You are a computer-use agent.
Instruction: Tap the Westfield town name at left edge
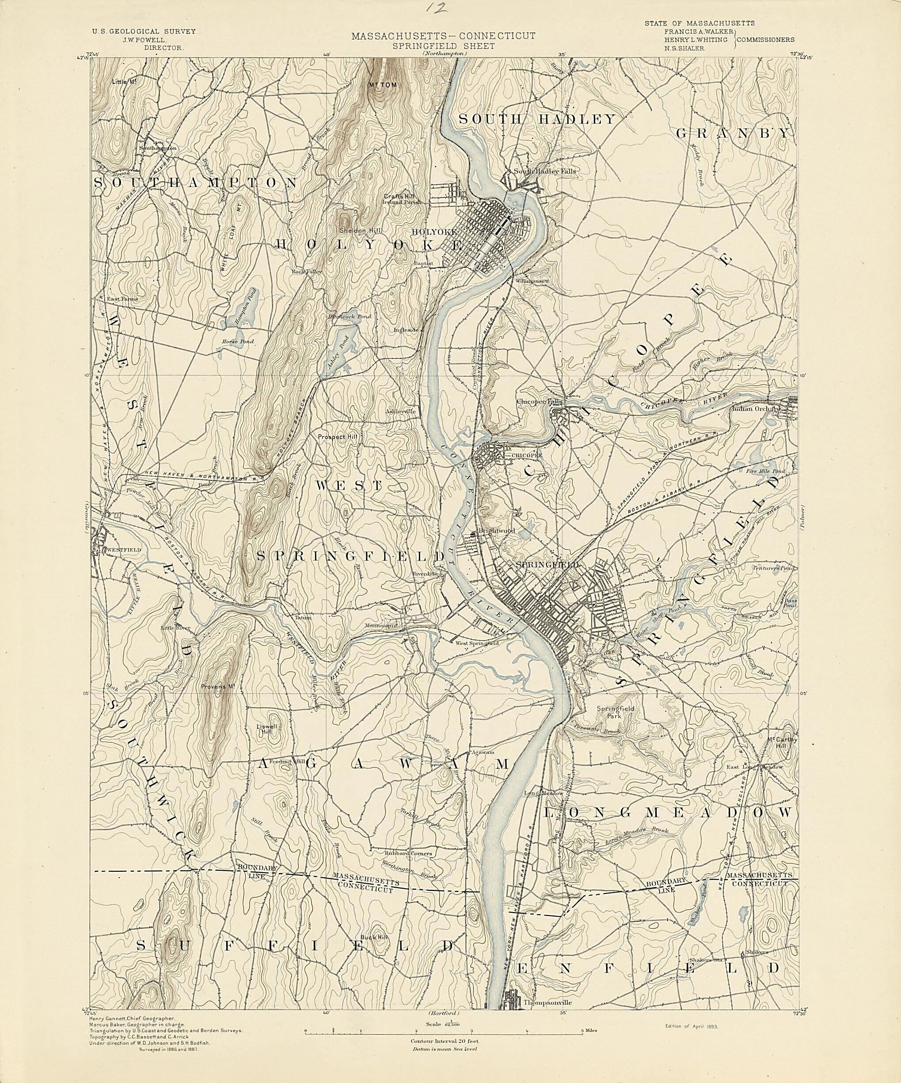click(x=124, y=550)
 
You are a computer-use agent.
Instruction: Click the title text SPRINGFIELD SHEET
click(x=443, y=46)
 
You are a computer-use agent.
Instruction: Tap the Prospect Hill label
click(x=337, y=437)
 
